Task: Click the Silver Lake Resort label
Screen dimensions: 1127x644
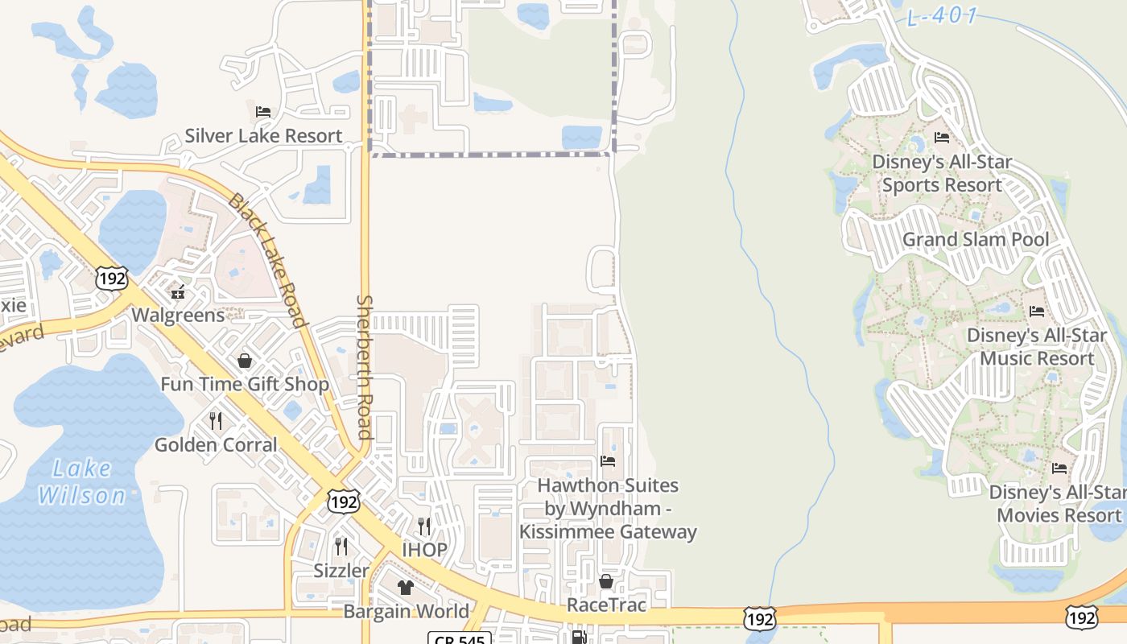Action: coord(263,136)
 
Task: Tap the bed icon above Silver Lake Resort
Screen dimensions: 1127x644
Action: coord(263,111)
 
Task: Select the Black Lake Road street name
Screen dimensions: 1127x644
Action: coord(268,259)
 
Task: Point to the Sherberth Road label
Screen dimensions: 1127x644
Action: coord(365,366)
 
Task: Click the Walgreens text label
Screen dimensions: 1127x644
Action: coord(178,315)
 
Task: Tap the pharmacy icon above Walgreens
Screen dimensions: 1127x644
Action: coord(178,291)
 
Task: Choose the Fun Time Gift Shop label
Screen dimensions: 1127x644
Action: coord(245,384)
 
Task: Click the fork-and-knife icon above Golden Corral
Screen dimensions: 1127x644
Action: coord(216,420)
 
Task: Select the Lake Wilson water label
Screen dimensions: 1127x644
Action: coord(82,481)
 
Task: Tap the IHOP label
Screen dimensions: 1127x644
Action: coord(424,551)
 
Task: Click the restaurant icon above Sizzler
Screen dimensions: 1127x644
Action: coord(341,547)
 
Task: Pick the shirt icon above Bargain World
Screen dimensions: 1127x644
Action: coord(406,588)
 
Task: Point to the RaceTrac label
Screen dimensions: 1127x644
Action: coord(607,605)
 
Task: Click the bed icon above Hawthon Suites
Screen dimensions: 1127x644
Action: coord(608,461)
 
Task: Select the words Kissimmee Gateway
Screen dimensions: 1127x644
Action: coord(608,532)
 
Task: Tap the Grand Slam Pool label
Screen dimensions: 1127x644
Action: coord(976,239)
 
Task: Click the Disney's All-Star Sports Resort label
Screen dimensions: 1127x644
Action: coord(942,174)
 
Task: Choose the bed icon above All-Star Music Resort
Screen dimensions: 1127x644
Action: coord(1037,311)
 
